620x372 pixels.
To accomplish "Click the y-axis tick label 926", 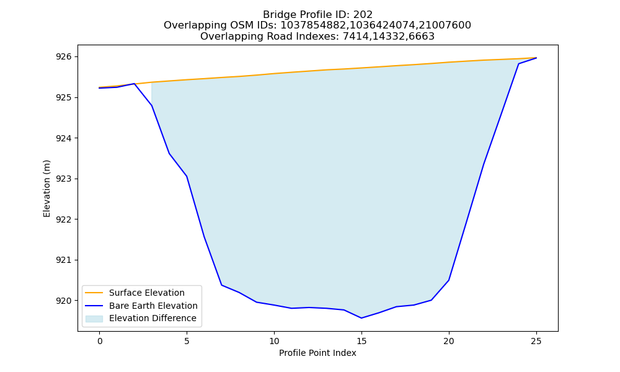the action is click(64, 57).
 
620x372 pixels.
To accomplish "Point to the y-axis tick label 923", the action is click(64, 179).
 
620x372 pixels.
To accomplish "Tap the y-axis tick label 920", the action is click(64, 301).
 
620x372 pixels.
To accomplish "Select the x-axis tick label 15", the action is click(361, 341).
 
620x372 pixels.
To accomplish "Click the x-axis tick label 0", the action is click(100, 341).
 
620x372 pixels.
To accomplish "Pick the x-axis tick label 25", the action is click(536, 341).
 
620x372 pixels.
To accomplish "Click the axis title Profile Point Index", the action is click(317, 353).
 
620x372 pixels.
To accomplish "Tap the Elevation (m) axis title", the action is click(46, 188).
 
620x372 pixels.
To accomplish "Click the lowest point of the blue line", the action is click(361, 318).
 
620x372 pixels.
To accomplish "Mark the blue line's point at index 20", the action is click(449, 280).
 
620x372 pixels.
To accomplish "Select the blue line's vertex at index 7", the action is click(222, 285).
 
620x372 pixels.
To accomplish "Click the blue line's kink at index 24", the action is click(518, 64).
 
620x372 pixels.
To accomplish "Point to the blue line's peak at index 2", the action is click(135, 84).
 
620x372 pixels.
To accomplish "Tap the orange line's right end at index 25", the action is click(536, 58).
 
